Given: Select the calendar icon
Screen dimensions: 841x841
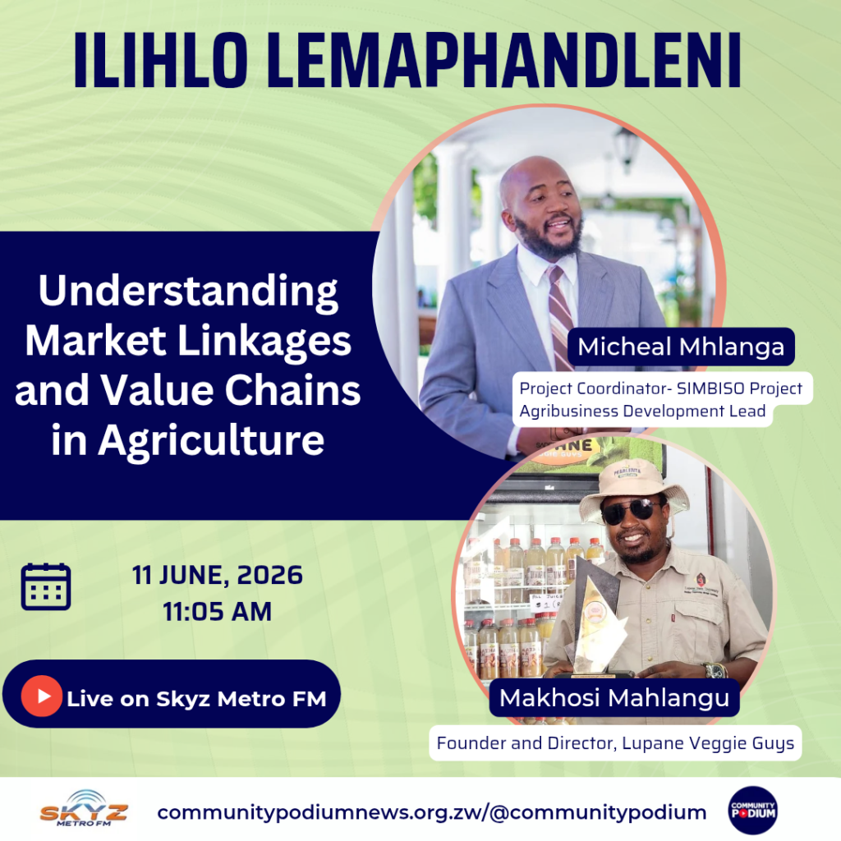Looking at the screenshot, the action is tap(46, 586).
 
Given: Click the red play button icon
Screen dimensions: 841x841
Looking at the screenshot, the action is tap(42, 696).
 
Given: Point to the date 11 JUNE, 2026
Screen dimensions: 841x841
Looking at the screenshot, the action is tap(217, 575).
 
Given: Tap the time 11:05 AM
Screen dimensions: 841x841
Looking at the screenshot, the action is tap(217, 612).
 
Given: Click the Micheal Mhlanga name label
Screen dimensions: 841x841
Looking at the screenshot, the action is tap(681, 347).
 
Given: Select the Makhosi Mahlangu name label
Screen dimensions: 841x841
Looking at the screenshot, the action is tap(614, 698).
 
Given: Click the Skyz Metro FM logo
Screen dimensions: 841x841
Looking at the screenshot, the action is tap(84, 809).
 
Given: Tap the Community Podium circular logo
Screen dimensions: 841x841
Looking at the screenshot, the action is tap(753, 811).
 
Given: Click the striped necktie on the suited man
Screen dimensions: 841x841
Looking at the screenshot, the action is tap(560, 316).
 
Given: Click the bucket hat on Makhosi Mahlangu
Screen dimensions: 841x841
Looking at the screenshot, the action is tap(633, 488).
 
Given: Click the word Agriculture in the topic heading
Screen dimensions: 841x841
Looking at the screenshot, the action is tap(211, 441).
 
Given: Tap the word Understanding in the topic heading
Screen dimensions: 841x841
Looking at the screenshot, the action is tap(188, 292).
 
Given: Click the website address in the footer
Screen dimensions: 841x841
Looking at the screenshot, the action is tap(432, 812).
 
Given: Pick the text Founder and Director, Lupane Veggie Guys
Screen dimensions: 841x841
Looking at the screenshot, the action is tap(615, 743).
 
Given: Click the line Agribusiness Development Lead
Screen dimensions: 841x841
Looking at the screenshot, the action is tap(642, 411).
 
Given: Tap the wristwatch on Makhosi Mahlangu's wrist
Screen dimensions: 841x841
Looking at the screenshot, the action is tap(716, 670).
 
